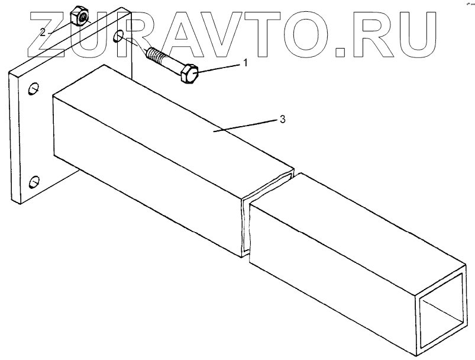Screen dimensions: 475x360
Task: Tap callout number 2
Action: click(x=43, y=31)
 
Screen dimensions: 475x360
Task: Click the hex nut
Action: click(x=80, y=17)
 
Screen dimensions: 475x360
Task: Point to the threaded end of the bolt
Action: click(x=154, y=56)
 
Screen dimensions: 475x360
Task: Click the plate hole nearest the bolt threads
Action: click(x=119, y=37)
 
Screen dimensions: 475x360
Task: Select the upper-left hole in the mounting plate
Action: click(x=34, y=89)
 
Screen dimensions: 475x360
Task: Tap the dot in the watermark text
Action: click(x=342, y=52)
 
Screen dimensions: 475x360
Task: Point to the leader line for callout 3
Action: click(x=248, y=124)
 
